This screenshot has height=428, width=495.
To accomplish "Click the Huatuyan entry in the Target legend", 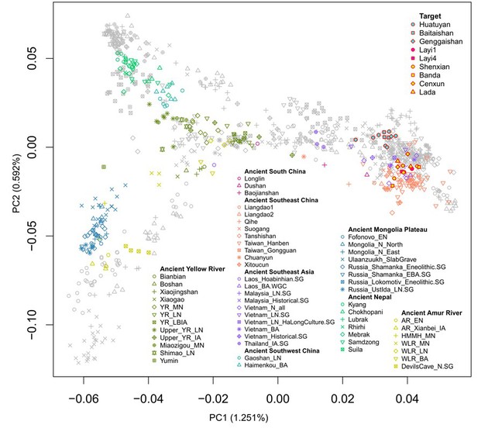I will (445, 33).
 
